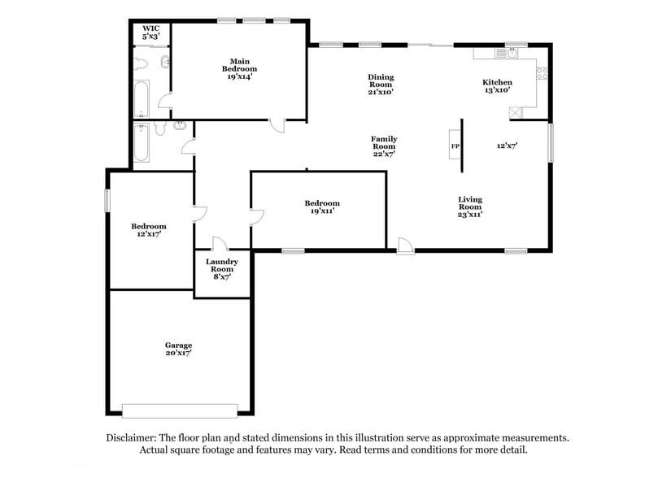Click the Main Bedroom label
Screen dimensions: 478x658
pos(238,68)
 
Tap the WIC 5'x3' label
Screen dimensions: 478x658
pos(150,33)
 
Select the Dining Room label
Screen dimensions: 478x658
pos(381,84)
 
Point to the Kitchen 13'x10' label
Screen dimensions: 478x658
pos(497,86)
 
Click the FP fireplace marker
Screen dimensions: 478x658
pos(455,146)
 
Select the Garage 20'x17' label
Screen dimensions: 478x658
pos(179,350)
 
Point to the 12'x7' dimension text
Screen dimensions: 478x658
pos(508,146)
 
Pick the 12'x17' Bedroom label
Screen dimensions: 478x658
pos(149,230)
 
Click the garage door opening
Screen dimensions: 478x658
pos(180,409)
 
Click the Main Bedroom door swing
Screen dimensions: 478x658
pos(277,124)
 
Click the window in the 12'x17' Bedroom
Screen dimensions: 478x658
pos(107,201)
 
